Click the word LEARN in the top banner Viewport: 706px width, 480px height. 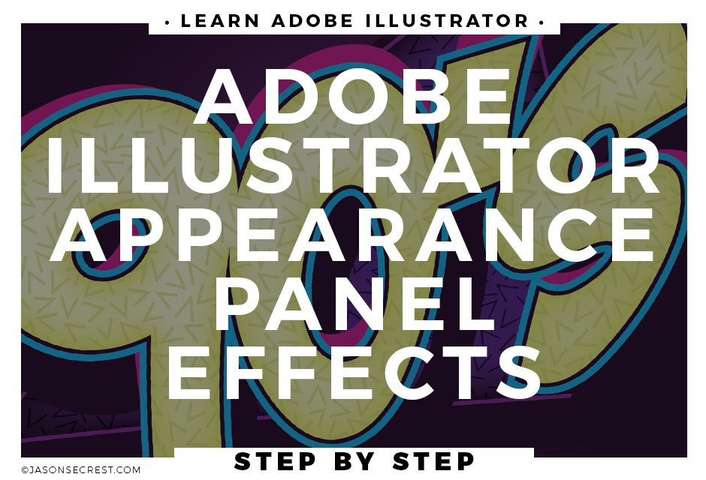pyautogui.click(x=220, y=21)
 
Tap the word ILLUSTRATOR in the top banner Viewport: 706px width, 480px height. pyautogui.click(x=447, y=21)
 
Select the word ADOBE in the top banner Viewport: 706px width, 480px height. pyautogui.click(x=312, y=21)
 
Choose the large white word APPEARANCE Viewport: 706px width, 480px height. pyautogui.click(x=354, y=234)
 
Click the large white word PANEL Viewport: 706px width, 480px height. pyautogui.click(x=354, y=303)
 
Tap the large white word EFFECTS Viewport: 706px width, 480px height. pyautogui.click(x=354, y=372)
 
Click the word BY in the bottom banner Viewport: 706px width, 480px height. pyautogui.click(x=355, y=461)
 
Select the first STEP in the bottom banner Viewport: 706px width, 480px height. pyautogui.click(x=275, y=461)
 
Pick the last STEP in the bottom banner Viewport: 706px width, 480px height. pyautogui.click(x=433, y=461)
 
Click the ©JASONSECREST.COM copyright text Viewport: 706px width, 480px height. pyautogui.click(x=81, y=470)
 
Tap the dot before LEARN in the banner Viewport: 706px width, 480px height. pyautogui.click(x=167, y=22)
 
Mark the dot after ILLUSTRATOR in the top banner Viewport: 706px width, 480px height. pyautogui.click(x=542, y=22)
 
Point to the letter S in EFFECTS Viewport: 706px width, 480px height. pyautogui.click(x=515, y=372)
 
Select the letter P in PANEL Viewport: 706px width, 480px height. pyautogui.click(x=238, y=303)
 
